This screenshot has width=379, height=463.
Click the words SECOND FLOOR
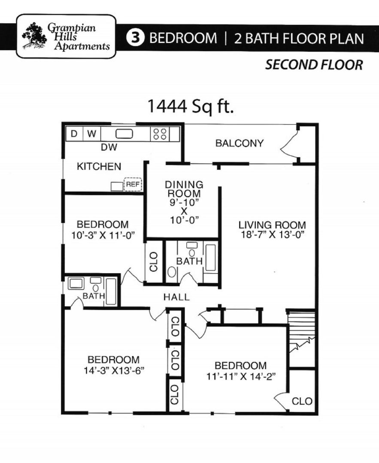click(x=314, y=65)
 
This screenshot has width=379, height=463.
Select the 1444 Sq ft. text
click(x=191, y=105)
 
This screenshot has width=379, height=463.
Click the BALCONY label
click(x=239, y=143)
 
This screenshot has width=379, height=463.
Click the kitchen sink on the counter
click(x=124, y=134)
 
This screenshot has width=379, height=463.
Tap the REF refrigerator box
click(x=132, y=184)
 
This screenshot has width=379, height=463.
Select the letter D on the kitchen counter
click(x=74, y=134)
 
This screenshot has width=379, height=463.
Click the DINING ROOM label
click(x=184, y=189)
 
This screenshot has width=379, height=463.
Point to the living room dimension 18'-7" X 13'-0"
click(x=272, y=235)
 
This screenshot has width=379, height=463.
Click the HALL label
click(x=176, y=297)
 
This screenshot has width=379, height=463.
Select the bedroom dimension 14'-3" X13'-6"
click(x=113, y=370)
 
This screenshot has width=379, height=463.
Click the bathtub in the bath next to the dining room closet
click(x=210, y=258)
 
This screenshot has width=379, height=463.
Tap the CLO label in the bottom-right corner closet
click(x=302, y=401)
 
